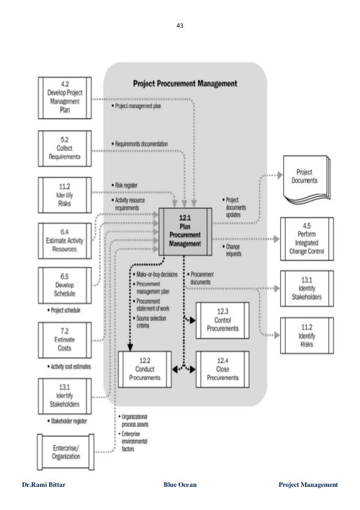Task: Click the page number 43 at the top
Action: point(179,25)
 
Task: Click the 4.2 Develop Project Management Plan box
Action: point(63,97)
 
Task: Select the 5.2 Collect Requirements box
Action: point(63,149)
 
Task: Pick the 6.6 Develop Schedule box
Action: point(63,281)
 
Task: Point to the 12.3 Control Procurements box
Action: point(222,319)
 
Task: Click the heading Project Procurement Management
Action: point(185,83)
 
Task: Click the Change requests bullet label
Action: point(232,250)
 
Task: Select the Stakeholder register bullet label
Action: point(63,420)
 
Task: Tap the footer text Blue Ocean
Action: point(180,485)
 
